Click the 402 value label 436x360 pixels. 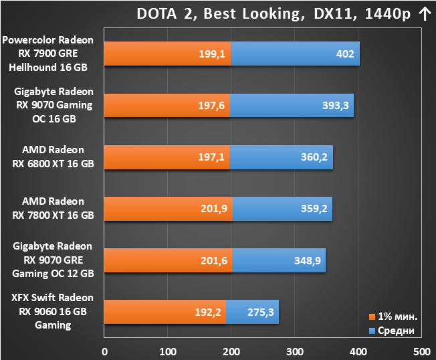(345, 54)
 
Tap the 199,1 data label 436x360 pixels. (212, 54)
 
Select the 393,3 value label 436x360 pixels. (335, 106)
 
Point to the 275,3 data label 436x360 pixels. (261, 312)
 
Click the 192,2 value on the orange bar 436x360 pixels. (208, 312)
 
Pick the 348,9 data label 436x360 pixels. (308, 261)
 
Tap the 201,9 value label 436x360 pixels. (214, 209)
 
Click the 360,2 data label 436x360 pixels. (314, 157)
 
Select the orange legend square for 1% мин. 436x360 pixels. (372, 317)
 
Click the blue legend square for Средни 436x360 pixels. (372, 331)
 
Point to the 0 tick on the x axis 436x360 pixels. (104, 352)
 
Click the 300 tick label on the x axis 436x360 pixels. (295, 352)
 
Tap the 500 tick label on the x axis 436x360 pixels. (422, 352)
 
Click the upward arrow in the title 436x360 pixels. (425, 14)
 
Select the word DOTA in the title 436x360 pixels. (157, 13)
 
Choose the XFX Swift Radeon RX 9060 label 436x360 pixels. (53, 311)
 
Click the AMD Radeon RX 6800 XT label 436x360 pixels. (53, 157)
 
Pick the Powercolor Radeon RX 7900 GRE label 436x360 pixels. (48, 54)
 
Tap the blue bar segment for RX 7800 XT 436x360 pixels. (282, 209)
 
